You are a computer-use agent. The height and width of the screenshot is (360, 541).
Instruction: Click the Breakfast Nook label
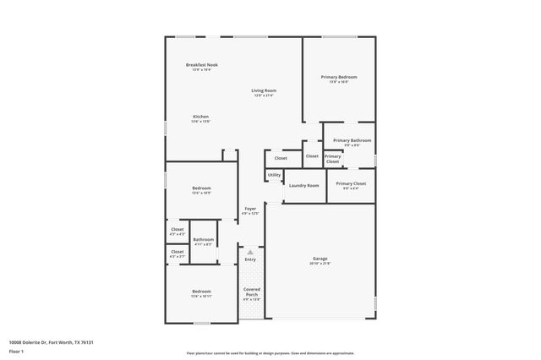coord(202,64)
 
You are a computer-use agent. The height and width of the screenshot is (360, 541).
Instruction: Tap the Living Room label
coord(263,90)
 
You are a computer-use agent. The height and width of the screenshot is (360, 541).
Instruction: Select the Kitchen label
coord(200,117)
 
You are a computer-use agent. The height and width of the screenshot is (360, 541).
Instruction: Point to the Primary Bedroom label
coord(338,77)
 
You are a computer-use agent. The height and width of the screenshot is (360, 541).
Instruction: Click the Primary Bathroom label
coord(352,140)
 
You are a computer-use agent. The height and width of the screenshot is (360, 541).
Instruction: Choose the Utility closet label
coord(274,175)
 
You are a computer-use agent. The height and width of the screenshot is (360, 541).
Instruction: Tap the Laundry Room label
coord(303,185)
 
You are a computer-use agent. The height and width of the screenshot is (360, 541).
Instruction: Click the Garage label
coord(320,259)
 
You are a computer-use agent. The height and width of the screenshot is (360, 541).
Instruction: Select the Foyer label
coord(250,209)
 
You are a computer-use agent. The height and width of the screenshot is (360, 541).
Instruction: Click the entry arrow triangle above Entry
coord(250,251)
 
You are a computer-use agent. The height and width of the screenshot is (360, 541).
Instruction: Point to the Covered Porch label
coord(251,292)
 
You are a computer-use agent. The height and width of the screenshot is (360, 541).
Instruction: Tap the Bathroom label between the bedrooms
coord(203,239)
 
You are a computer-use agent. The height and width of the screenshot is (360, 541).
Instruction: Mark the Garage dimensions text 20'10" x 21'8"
coord(320,264)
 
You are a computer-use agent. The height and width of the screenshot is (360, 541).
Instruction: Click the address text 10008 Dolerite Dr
coord(34,342)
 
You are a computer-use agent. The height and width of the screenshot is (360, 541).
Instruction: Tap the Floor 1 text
coord(17,352)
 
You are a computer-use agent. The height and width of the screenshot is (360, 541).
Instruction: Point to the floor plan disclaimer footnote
coord(269,352)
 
